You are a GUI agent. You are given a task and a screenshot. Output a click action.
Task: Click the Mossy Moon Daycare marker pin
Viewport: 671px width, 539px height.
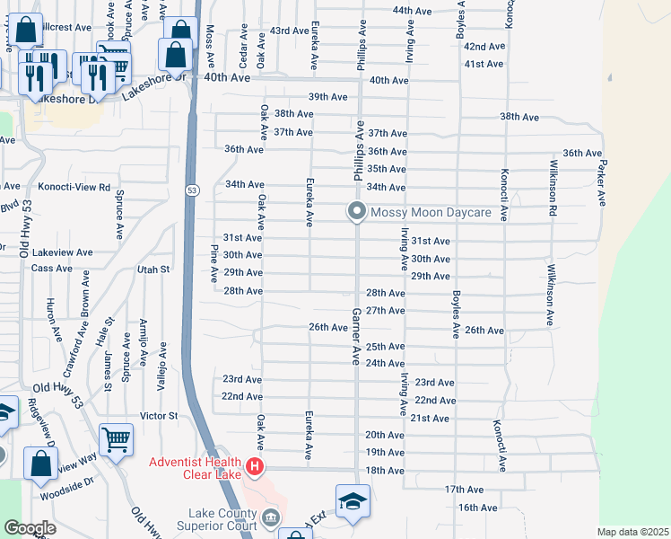click(356, 212)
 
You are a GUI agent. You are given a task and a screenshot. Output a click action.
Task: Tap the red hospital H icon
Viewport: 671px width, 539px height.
click(255, 467)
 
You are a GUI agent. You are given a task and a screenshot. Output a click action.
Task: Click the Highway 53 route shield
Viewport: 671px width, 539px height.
click(192, 190)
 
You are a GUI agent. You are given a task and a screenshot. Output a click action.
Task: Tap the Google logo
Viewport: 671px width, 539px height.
click(29, 528)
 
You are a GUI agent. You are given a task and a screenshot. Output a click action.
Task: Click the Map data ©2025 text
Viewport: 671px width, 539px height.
click(633, 532)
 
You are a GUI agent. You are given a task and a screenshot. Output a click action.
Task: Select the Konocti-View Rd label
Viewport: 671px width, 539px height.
click(74, 188)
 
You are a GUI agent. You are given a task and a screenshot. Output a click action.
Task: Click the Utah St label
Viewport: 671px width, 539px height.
click(153, 269)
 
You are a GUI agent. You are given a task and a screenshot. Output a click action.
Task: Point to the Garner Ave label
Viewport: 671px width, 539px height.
click(355, 336)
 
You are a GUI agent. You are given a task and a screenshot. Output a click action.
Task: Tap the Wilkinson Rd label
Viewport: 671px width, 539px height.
click(553, 191)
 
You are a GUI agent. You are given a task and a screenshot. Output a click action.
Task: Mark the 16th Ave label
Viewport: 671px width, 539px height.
click(477, 508)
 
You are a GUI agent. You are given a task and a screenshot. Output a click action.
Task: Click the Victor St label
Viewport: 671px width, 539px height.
click(160, 416)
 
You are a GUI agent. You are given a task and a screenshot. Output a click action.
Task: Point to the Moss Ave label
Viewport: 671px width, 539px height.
click(209, 36)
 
